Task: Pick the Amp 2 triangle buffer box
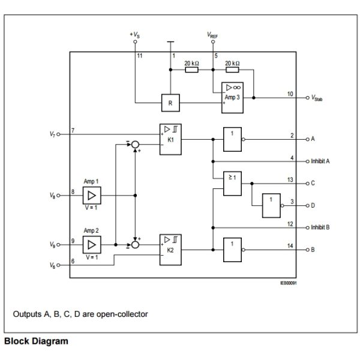pos(92,244)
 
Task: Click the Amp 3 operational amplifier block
pos(232,97)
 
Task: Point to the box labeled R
pos(170,103)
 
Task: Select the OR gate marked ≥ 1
pos(232,184)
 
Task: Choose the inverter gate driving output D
pos(272,205)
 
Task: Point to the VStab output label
pos(317,97)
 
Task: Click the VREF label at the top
pos(213,35)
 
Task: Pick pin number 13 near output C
pos(290,179)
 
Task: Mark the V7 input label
pos(52,134)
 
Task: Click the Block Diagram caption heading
pos(37,341)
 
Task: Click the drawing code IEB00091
pos(288,283)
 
